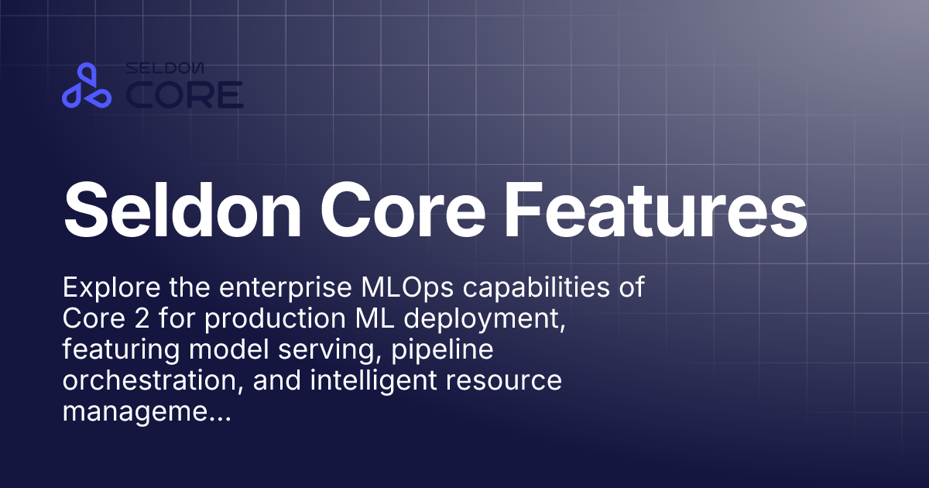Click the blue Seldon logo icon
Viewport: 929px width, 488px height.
87,86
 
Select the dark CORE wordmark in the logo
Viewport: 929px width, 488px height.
185,95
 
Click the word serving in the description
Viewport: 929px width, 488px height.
335,351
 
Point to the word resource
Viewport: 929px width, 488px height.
508,382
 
